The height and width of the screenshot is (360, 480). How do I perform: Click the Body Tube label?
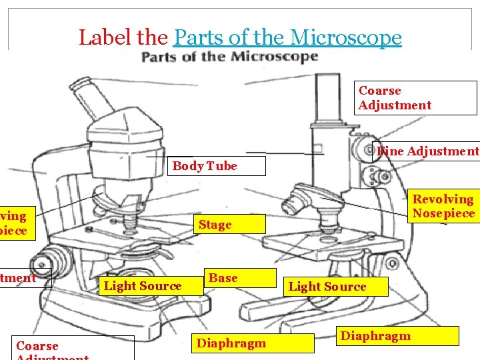point(205,166)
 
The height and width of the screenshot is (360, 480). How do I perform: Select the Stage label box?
point(215,225)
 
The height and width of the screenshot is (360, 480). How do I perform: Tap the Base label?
point(223,278)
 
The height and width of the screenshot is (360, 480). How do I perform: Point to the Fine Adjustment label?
point(427,151)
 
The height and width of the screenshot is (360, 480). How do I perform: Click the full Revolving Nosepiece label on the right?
point(443,206)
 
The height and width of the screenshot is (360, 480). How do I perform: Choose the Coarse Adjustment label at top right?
point(395,98)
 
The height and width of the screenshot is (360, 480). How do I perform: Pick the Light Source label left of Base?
point(143,286)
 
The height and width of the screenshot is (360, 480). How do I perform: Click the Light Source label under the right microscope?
point(327,287)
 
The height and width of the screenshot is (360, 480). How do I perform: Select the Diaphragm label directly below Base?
point(231,343)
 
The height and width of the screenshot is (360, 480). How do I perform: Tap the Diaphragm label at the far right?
point(375,335)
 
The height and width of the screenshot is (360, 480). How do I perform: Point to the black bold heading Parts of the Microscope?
point(229,57)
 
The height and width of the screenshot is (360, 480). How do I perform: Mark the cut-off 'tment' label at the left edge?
point(18,277)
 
